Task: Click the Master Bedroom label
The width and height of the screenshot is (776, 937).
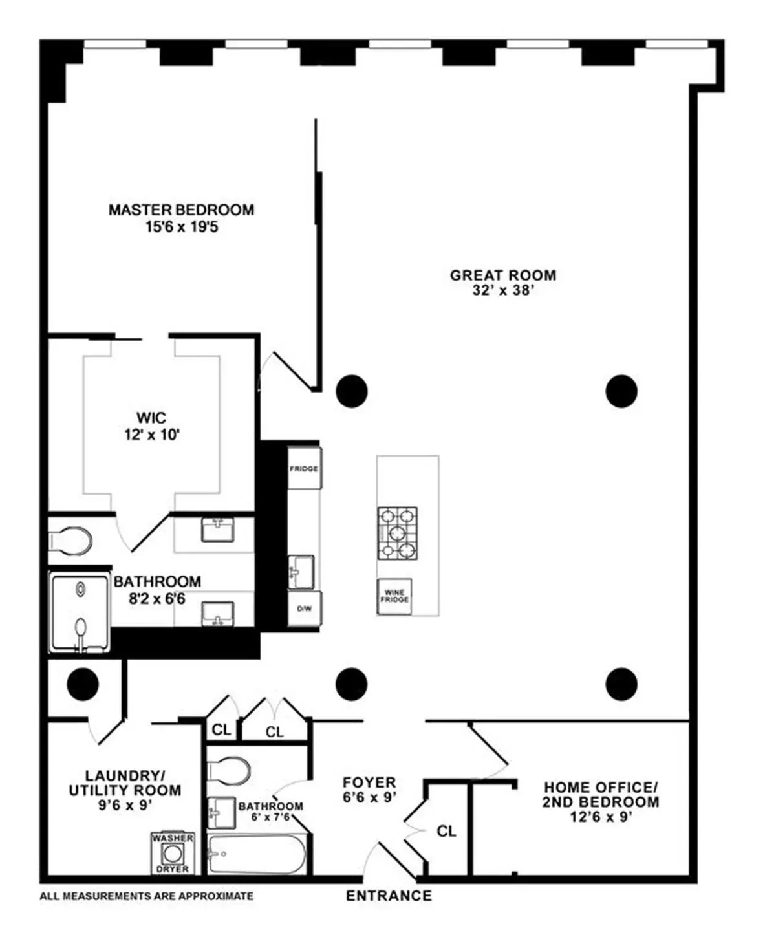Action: click(x=181, y=210)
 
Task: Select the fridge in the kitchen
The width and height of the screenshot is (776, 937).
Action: click(x=304, y=468)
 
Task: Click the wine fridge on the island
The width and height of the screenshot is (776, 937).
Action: click(x=394, y=596)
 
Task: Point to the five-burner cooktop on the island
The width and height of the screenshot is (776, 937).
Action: click(x=397, y=533)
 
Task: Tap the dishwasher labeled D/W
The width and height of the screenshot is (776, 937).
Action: click(x=304, y=609)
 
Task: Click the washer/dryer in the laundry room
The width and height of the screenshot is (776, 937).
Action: click(x=173, y=853)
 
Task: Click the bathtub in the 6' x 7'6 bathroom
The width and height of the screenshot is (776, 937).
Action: click(x=257, y=854)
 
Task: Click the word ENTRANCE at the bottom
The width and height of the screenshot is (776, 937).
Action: click(x=388, y=896)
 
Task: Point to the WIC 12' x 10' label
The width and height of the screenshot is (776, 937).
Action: click(x=151, y=426)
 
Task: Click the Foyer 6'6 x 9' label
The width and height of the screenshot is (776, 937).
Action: click(x=369, y=790)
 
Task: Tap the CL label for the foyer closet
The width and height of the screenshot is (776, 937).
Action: click(x=446, y=831)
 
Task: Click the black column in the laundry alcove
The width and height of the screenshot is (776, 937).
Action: click(x=83, y=683)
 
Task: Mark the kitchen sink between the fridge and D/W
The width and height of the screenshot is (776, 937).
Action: click(x=301, y=572)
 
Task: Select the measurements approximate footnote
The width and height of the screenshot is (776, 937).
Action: click(x=147, y=896)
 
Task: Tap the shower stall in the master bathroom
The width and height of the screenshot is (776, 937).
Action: click(x=80, y=612)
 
